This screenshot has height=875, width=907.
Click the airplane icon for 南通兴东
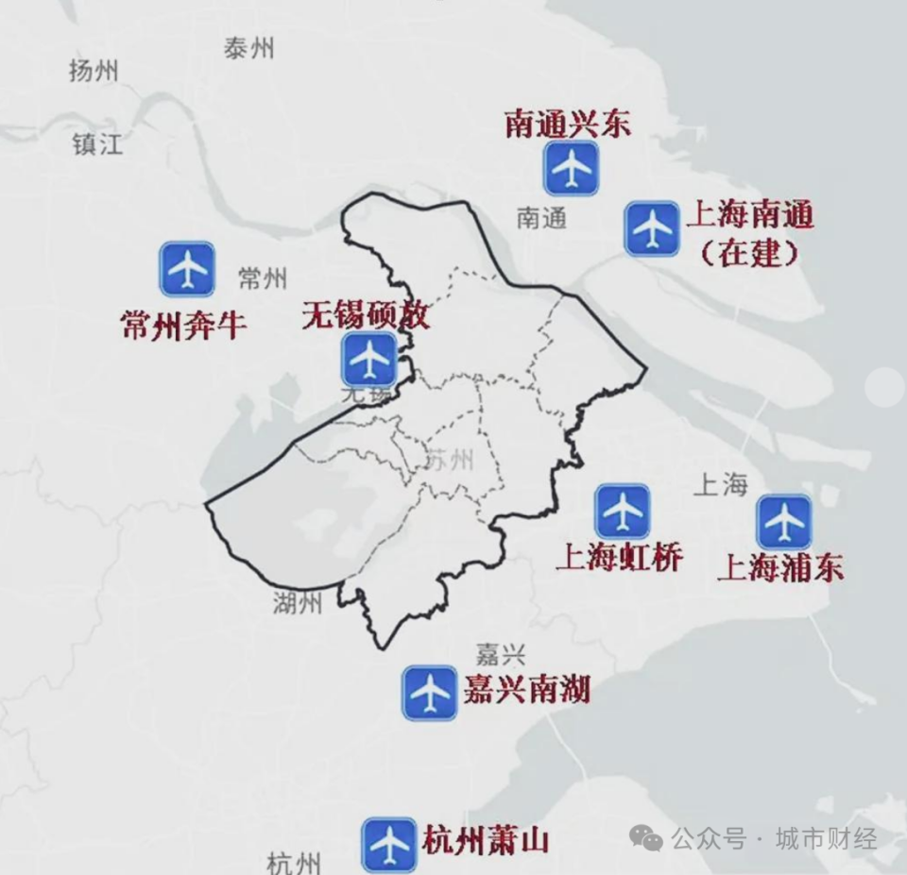571,169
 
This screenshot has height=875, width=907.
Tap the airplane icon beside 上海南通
652,228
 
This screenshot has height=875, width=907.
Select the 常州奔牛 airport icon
187,269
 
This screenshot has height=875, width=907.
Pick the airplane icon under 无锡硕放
369,358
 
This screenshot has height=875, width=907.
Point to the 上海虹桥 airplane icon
623,512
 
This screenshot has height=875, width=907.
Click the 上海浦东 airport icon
784,521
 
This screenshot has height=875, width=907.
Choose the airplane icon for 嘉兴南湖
430,693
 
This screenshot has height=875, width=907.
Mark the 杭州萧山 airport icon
389,843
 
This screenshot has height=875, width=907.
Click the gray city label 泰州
248,48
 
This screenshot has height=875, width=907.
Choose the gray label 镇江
97,144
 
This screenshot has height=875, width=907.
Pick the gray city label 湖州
296,602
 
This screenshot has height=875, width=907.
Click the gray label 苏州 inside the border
449,461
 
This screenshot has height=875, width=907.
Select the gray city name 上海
720,485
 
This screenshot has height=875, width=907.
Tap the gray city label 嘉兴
500,654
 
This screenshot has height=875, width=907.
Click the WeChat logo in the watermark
647,837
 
